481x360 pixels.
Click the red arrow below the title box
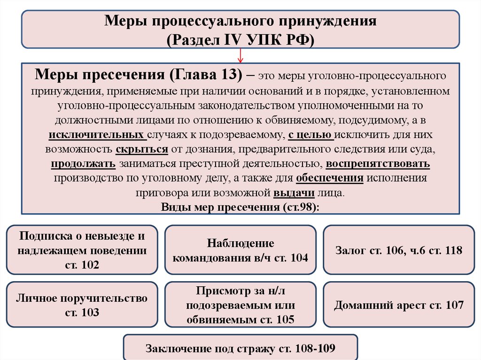tap(240, 55)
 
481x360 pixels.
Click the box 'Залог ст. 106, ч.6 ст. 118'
tap(399, 250)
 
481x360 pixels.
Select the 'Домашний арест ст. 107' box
tap(399, 305)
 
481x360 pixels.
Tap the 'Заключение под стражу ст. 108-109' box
tap(240, 348)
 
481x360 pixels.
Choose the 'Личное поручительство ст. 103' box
tap(82, 305)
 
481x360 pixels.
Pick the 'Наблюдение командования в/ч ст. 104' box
tap(240, 250)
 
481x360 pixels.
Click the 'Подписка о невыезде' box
tap(82, 250)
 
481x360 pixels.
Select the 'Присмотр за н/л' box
tap(240, 305)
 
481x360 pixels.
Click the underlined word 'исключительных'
tap(97, 135)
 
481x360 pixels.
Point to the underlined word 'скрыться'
tap(142, 149)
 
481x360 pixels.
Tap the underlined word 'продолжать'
tap(83, 164)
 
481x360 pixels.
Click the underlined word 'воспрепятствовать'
tap(378, 164)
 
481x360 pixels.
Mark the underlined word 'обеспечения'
tap(330, 178)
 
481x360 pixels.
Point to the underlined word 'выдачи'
tap(294, 193)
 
